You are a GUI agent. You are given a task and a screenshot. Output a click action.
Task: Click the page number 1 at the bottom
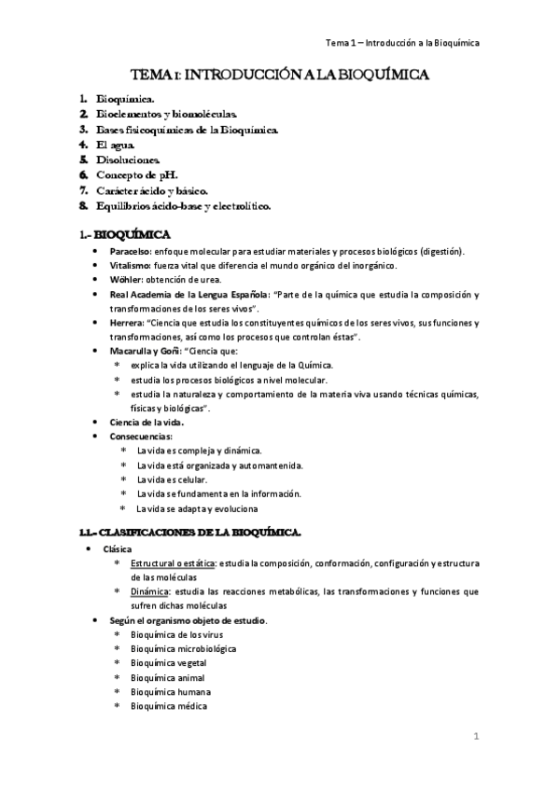pyautogui.click(x=475, y=738)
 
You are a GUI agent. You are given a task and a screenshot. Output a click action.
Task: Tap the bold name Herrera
pyautogui.click(x=127, y=323)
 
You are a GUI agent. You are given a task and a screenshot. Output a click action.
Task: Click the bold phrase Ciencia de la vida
pyautogui.click(x=147, y=422)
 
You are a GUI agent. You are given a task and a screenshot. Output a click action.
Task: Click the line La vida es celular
pyautogui.click(x=171, y=479)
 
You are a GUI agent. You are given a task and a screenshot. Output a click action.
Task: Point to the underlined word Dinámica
pyautogui.click(x=150, y=590)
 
